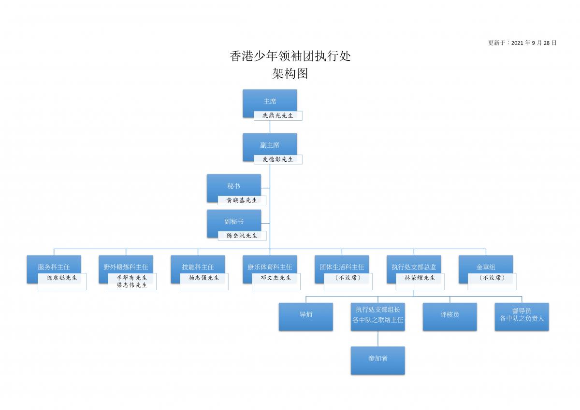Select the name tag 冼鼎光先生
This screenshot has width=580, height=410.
pos(278,115)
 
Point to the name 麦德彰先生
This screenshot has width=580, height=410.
pos(278,159)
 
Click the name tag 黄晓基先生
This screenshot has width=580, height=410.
pos(242,200)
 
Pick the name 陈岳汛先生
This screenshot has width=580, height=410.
pos(242,236)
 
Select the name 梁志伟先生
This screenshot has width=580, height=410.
pos(132,285)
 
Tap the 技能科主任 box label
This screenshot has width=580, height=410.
pos(198,267)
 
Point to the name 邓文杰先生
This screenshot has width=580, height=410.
pos(276,278)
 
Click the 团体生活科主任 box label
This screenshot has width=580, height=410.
pos(342,267)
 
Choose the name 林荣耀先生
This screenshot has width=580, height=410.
pos(420,278)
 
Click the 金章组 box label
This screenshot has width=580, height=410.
pos(486,267)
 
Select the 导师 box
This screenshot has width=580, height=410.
pos(306,317)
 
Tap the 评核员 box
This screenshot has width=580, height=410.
pos(450,317)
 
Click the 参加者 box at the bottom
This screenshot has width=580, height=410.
pos(378,361)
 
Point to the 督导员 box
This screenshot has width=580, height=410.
pos(522,317)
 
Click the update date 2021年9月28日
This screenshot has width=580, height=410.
pos(534,43)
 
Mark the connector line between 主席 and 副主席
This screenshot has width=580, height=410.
pos(270,127)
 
